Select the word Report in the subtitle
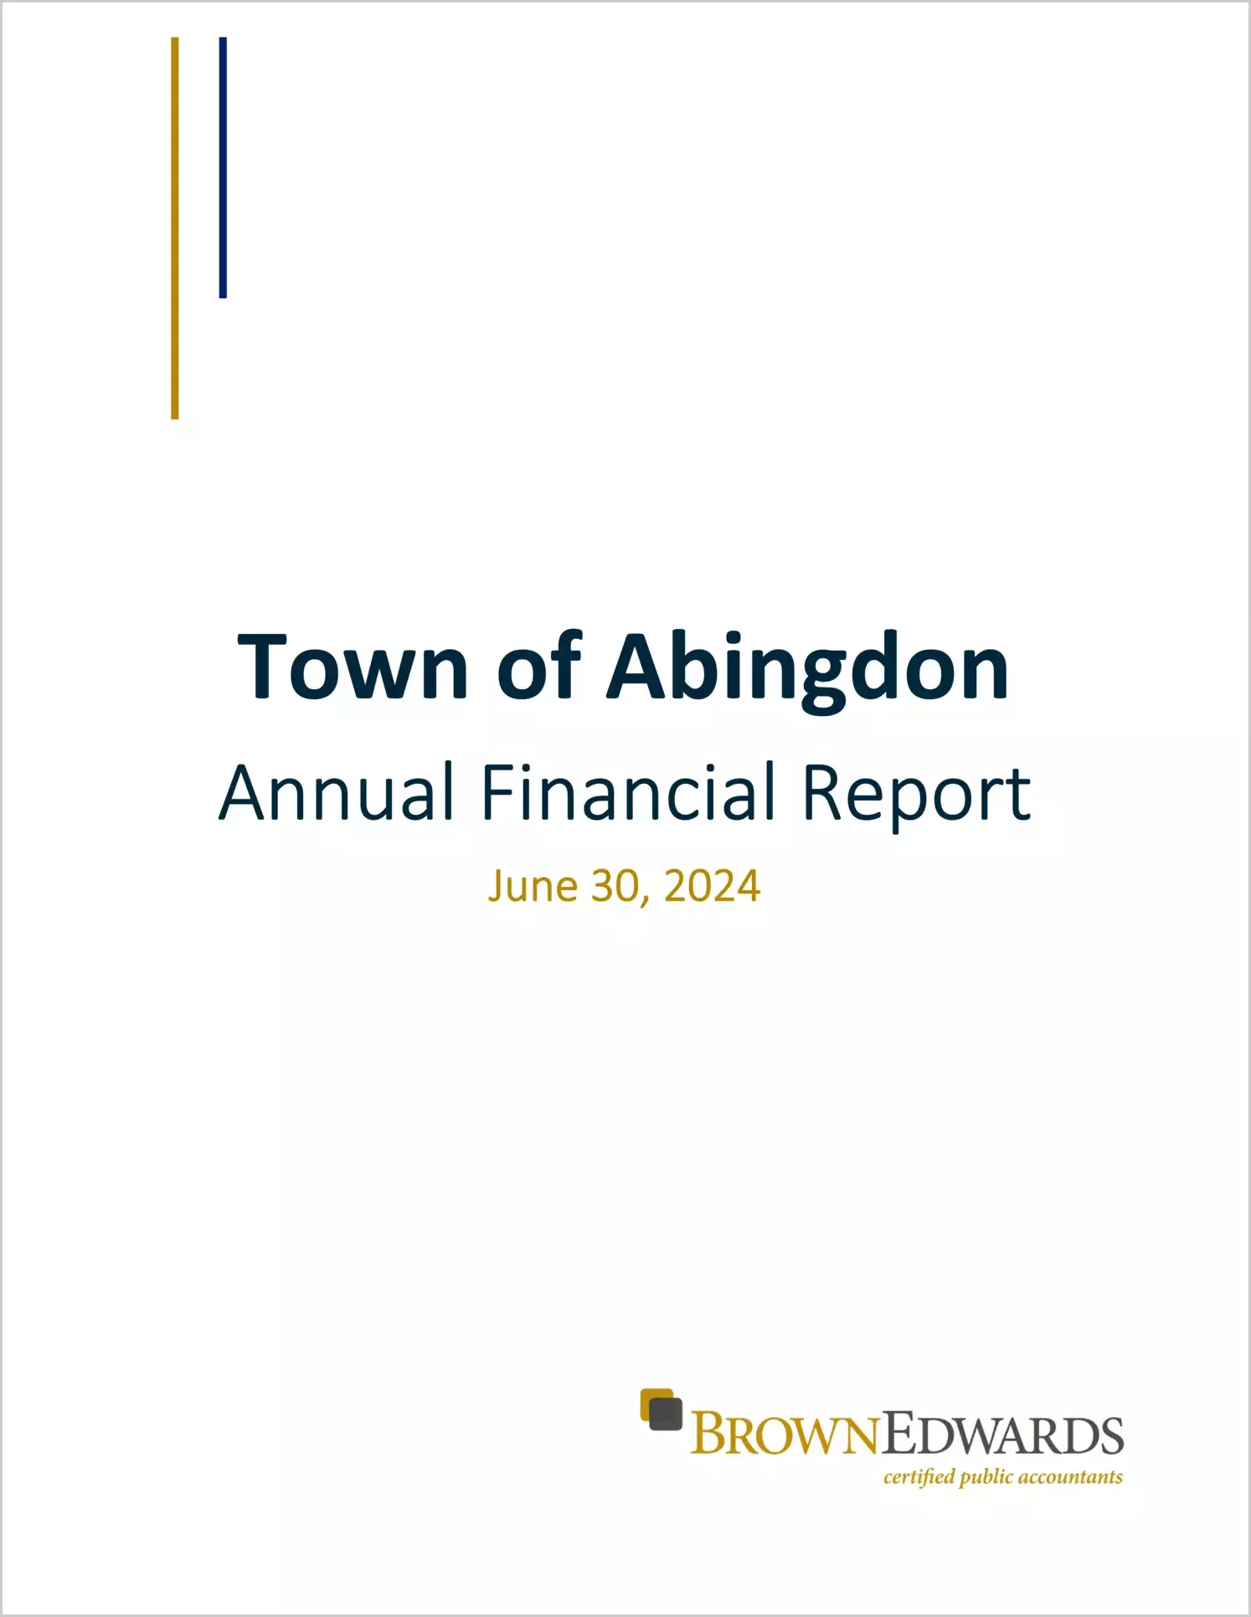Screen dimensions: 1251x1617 [917, 796]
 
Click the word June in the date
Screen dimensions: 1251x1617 [533, 886]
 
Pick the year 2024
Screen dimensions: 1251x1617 [712, 886]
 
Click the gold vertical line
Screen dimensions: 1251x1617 [175, 228]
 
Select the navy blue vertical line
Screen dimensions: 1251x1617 [223, 167]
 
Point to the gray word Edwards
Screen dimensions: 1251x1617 [1001, 1435]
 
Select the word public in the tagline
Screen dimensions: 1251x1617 [986, 1478]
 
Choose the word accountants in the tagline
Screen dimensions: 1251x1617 [1070, 1478]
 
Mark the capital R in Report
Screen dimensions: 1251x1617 [824, 791]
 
